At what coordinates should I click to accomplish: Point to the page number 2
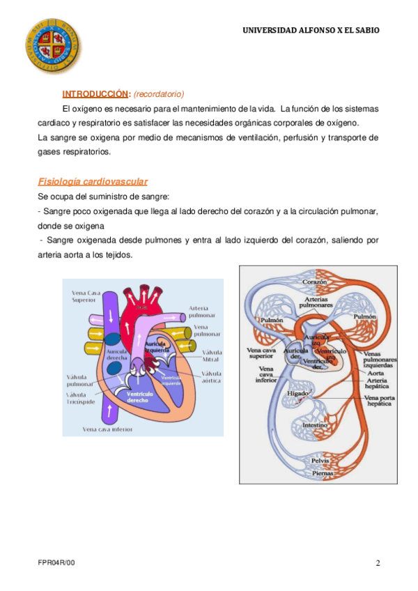click(x=378, y=563)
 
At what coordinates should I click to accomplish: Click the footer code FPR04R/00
click(x=56, y=563)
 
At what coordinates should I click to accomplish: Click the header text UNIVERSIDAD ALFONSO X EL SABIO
click(x=311, y=31)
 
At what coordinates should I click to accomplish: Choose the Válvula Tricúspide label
click(x=82, y=399)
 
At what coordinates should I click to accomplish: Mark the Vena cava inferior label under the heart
click(x=108, y=429)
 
